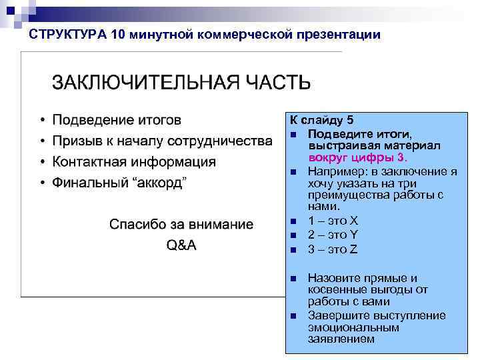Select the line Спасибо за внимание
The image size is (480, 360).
(x=181, y=224)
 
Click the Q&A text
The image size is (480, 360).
(x=181, y=245)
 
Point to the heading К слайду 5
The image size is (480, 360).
(x=321, y=120)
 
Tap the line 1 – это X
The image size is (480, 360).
(x=333, y=221)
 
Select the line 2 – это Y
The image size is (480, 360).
(x=333, y=235)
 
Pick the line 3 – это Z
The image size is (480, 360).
(x=333, y=249)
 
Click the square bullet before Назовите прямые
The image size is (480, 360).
(x=293, y=279)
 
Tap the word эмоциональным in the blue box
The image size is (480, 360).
(x=344, y=327)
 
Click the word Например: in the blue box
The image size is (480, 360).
(x=333, y=171)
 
